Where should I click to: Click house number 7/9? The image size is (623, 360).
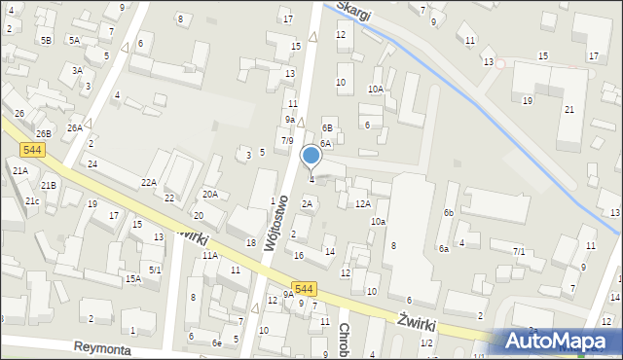click(286, 141)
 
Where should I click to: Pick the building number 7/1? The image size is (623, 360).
click(519, 252)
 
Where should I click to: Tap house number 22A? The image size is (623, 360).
click(149, 182)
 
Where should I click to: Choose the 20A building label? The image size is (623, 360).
click(209, 194)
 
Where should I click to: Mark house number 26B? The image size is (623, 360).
click(43, 133)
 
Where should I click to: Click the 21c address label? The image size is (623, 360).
click(32, 200)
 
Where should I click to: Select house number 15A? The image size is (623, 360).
click(132, 278)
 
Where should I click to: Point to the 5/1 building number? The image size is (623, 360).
click(155, 269)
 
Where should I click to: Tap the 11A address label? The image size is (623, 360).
click(209, 255)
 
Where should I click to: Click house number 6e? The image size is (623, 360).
click(217, 343)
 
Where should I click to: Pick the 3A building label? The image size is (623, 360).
click(77, 70)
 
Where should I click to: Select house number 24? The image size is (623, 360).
click(92, 163)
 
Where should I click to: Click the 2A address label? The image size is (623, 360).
click(307, 203)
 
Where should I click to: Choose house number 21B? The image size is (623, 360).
click(48, 185)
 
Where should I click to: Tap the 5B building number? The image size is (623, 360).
click(46, 40)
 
